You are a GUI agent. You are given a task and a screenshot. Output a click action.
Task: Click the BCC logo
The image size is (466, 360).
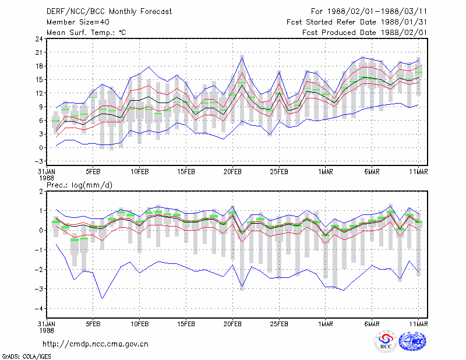(386, 342)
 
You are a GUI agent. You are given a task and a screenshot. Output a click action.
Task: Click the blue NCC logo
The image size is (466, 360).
(412, 341)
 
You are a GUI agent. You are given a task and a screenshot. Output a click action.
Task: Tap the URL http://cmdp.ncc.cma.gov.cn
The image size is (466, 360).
(96, 344)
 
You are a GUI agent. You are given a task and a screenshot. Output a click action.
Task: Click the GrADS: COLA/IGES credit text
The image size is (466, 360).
(27, 357)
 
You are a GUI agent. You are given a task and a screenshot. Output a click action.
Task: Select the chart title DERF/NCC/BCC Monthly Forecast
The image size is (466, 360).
(109, 12)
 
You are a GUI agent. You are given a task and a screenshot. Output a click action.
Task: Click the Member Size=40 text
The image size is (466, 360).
(78, 22)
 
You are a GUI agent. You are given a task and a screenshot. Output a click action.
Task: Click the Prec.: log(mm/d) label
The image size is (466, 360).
(79, 185)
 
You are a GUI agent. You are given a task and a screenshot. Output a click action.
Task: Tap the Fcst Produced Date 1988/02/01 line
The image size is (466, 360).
(365, 33)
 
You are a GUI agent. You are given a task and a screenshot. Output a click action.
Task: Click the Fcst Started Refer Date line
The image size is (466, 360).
(356, 22)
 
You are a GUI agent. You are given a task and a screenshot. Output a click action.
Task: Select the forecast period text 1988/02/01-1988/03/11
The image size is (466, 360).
(377, 12)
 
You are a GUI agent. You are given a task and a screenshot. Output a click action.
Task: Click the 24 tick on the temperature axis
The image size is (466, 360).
(39, 38)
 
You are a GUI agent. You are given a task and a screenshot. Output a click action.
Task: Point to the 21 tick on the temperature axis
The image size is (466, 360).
(39, 52)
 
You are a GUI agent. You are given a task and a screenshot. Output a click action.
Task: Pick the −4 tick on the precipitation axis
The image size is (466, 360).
(38, 308)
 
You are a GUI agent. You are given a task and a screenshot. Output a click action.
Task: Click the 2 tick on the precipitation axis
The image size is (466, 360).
(41, 192)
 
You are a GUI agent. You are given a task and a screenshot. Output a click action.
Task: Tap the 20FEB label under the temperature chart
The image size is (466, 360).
(232, 172)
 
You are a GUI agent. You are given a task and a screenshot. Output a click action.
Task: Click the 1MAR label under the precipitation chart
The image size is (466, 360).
(326, 324)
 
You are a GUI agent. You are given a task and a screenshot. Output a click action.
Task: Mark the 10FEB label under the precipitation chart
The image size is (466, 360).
(139, 324)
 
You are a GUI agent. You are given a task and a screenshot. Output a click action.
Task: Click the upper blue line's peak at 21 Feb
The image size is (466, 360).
(242, 57)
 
